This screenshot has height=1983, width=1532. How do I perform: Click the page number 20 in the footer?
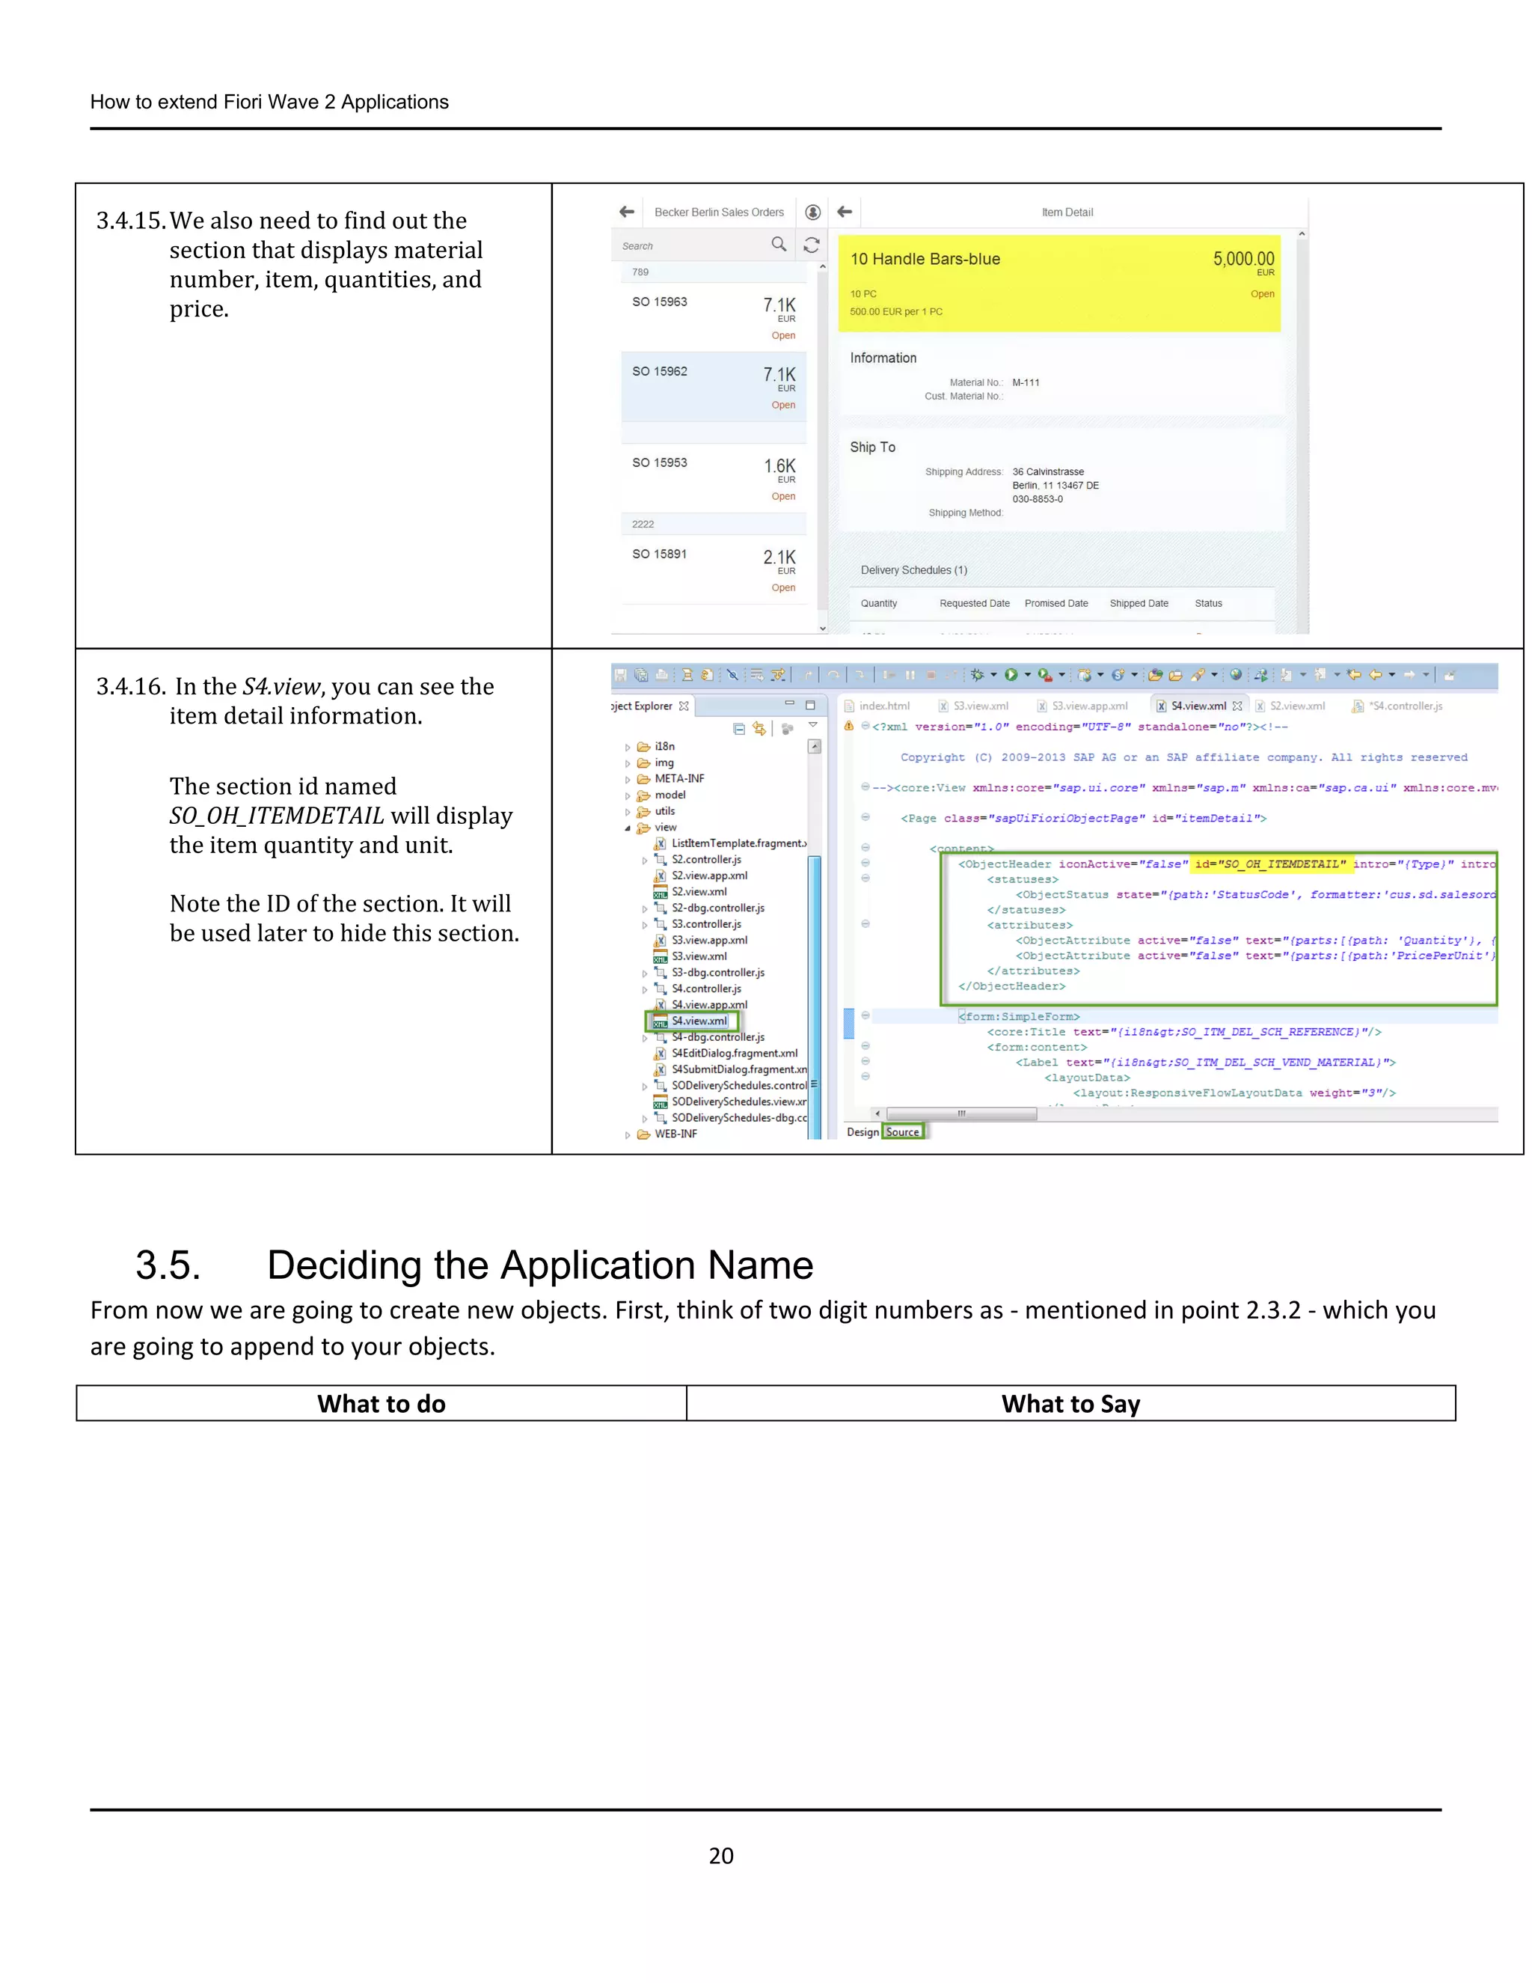(720, 1855)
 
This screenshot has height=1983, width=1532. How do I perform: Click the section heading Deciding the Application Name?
(539, 1265)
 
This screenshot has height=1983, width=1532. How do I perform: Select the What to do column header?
(382, 1404)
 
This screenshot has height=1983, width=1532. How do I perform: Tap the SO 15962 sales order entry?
(660, 371)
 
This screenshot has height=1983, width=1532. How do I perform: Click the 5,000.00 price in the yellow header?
(1243, 259)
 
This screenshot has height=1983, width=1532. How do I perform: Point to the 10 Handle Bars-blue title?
(925, 259)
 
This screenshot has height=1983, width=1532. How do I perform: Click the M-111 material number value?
(1026, 382)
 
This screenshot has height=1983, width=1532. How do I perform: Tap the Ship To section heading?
(872, 447)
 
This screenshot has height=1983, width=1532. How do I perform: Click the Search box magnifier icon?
(778, 244)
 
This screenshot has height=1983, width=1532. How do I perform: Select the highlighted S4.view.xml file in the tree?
(698, 1021)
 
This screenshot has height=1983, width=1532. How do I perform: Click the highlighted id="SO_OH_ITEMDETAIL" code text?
(1269, 864)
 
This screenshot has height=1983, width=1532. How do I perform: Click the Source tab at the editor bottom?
(902, 1131)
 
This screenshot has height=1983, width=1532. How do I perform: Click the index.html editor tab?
(883, 706)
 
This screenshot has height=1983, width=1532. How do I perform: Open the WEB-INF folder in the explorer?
(675, 1134)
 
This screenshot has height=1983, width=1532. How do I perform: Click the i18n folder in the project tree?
(664, 746)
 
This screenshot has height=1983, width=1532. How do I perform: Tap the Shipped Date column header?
(1138, 603)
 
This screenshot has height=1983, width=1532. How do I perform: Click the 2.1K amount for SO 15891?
(779, 557)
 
